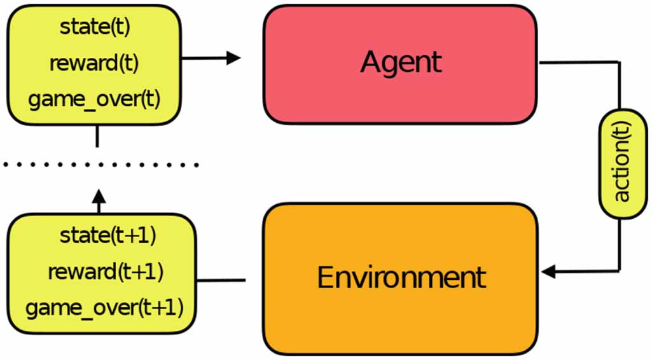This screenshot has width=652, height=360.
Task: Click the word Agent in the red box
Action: [401, 62]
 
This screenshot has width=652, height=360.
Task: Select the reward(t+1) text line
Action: [106, 272]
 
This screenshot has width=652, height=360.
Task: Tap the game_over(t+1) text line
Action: [104, 308]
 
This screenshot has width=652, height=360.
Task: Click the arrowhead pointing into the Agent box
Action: [233, 58]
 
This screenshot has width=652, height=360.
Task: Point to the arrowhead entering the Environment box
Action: [549, 272]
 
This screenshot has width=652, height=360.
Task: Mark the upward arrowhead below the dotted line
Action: [98, 193]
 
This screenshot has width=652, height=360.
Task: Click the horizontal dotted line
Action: [102, 165]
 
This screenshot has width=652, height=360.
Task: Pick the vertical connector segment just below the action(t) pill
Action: [619, 245]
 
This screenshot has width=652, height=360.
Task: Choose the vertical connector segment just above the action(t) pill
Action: [619, 86]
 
